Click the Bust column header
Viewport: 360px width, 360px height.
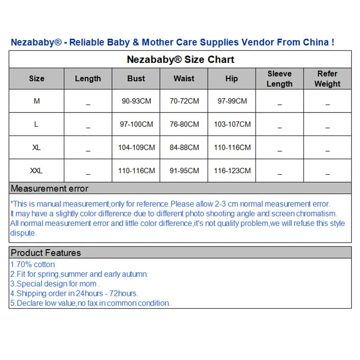[x=136, y=78]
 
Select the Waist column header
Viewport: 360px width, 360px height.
[x=184, y=78]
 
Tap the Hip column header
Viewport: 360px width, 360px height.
[x=231, y=78]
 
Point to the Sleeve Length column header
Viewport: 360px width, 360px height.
[x=279, y=79]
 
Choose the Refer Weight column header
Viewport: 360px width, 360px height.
[x=327, y=79]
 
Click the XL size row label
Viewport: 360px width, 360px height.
[x=36, y=148]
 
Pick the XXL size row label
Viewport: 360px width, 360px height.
[x=36, y=171]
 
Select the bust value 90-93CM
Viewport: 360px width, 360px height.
[x=136, y=101]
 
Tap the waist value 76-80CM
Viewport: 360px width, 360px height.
[x=184, y=124]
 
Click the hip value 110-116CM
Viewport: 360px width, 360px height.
[x=232, y=148]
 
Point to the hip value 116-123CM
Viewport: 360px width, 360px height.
[x=232, y=171]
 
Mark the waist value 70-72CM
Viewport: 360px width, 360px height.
[x=184, y=101]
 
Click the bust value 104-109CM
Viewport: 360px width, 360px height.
[x=136, y=148]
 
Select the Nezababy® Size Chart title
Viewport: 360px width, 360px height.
[x=180, y=59]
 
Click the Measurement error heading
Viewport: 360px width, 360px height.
[x=49, y=189]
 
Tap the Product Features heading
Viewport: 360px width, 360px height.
[x=46, y=252]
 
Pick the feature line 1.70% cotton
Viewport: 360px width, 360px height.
[x=32, y=265]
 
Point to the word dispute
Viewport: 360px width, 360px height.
[x=23, y=233]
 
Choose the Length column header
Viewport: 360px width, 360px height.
[x=88, y=78]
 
